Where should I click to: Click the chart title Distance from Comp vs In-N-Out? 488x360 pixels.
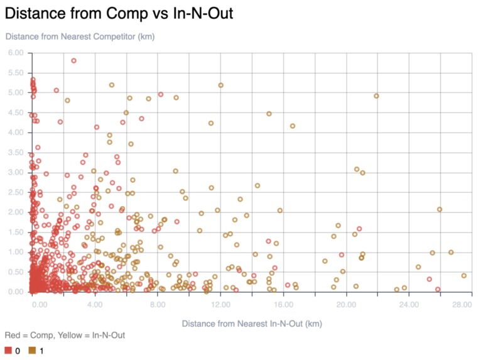[x=119, y=13]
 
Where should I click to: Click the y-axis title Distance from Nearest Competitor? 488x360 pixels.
[x=80, y=36]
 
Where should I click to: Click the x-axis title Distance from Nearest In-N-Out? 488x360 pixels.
[x=252, y=324]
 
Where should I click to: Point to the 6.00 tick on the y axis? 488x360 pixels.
[x=16, y=53]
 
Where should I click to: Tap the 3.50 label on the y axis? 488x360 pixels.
[x=16, y=153]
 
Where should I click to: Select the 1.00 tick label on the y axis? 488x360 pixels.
[x=16, y=252]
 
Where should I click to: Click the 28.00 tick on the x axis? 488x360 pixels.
[x=462, y=305]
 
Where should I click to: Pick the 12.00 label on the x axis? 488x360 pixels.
[x=220, y=305]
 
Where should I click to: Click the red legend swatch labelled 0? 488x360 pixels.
[x=9, y=351]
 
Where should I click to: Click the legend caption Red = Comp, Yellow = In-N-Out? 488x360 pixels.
[x=65, y=335]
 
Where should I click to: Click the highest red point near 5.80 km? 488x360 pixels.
[x=73, y=61]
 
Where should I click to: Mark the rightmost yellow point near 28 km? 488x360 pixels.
[x=464, y=276]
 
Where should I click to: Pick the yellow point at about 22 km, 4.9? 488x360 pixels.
[x=376, y=96]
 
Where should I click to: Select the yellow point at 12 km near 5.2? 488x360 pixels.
[x=220, y=85]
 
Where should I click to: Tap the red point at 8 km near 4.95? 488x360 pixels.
[x=160, y=95]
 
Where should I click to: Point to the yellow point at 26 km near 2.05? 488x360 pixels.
[x=440, y=210]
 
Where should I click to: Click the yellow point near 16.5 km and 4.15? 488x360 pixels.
[x=292, y=126]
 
